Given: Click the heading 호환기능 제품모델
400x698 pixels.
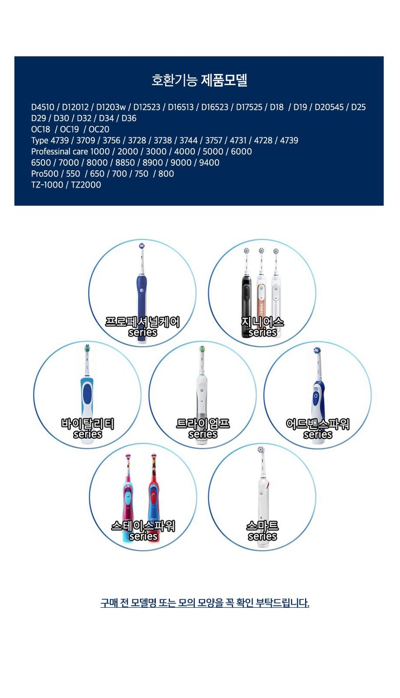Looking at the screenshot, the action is pyautogui.click(x=199, y=80).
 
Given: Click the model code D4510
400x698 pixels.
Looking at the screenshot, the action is pyautogui.click(x=43, y=107).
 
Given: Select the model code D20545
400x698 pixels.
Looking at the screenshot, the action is pyautogui.click(x=329, y=107).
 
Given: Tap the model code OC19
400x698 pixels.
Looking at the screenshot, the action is pyautogui.click(x=69, y=129).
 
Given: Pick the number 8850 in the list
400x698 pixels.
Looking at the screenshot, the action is pyautogui.click(x=125, y=163).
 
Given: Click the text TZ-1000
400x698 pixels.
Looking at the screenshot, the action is pyautogui.click(x=47, y=185).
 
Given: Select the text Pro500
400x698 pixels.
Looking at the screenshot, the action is pyautogui.click(x=45, y=173).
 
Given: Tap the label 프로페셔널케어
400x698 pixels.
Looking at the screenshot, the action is pyautogui.click(x=143, y=322).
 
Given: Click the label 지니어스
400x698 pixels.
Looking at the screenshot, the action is pyautogui.click(x=263, y=322).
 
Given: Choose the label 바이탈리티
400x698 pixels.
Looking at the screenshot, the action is pyautogui.click(x=88, y=423).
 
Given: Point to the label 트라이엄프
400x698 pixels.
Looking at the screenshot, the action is pyautogui.click(x=203, y=423).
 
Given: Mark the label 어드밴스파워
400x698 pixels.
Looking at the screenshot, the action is pyautogui.click(x=317, y=424).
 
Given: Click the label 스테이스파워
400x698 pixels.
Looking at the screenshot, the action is pyautogui.click(x=143, y=526).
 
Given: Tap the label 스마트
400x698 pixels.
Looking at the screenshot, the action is pyautogui.click(x=263, y=526).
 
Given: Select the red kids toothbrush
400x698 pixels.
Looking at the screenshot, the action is pyautogui.click(x=154, y=498).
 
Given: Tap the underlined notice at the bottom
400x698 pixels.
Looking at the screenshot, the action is pyautogui.click(x=205, y=603).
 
